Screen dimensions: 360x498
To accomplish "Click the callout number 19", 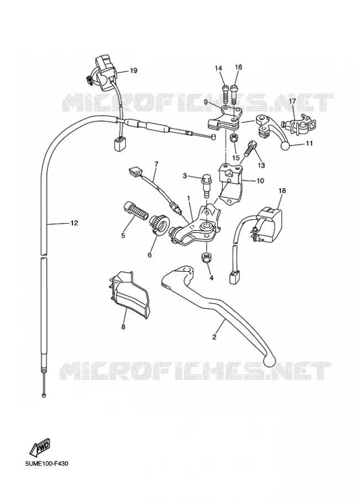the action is [134, 70].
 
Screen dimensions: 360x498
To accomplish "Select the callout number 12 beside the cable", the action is [74, 223].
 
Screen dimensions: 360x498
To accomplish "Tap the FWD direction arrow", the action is [40, 448].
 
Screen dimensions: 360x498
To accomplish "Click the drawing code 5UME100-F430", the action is [46, 464].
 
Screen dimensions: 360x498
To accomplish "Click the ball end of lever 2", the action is [269, 360].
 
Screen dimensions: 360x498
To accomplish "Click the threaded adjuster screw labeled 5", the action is [135, 210].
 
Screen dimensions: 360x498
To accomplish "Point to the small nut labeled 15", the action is [234, 138].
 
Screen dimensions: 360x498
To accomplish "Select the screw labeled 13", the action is [250, 148].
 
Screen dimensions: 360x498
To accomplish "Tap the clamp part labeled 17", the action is [299, 126].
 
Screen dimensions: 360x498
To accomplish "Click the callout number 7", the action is [156, 164].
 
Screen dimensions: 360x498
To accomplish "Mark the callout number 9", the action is [206, 102].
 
